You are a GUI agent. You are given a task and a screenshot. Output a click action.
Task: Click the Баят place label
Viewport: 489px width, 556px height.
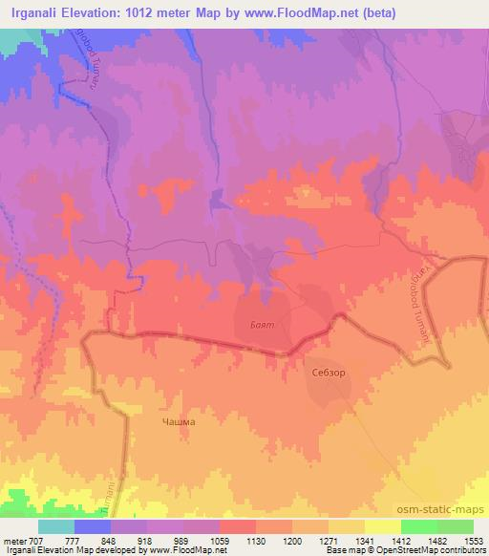click(x=262, y=325)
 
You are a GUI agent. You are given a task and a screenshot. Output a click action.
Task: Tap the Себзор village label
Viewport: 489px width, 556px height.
click(x=329, y=373)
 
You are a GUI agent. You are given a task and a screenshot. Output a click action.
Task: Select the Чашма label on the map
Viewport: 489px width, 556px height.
click(x=179, y=421)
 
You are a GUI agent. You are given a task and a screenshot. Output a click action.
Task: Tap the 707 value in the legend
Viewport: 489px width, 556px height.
click(x=37, y=541)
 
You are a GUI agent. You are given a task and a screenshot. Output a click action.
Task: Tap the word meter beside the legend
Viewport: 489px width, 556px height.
click(x=14, y=541)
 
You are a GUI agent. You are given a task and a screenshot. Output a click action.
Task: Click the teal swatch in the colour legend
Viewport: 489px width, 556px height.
click(x=55, y=526)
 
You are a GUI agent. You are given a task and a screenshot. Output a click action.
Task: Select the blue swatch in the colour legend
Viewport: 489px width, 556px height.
click(x=92, y=526)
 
